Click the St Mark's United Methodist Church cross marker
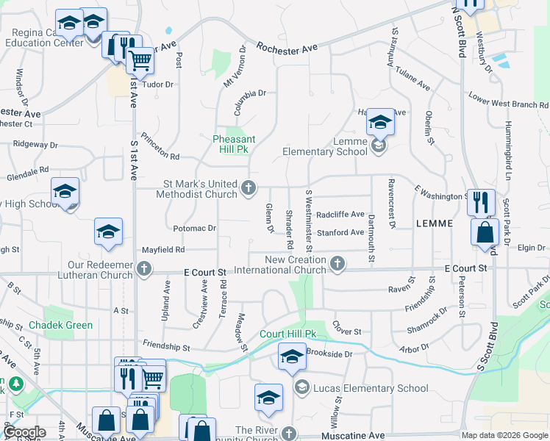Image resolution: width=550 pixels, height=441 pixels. click(x=249, y=189)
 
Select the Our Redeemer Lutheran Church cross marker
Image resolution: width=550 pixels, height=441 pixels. click(x=145, y=270)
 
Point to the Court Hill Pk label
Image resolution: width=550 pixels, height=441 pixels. click(x=287, y=334)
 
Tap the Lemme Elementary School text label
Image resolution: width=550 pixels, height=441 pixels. click(x=325, y=151)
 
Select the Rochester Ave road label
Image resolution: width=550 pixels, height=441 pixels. click(x=287, y=47)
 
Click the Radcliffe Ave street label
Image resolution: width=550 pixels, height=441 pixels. click(x=340, y=214)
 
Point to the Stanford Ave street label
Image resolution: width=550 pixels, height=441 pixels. click(x=340, y=232)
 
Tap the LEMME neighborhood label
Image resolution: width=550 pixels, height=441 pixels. click(x=438, y=223)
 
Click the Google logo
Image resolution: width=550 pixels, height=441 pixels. click(x=24, y=432)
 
